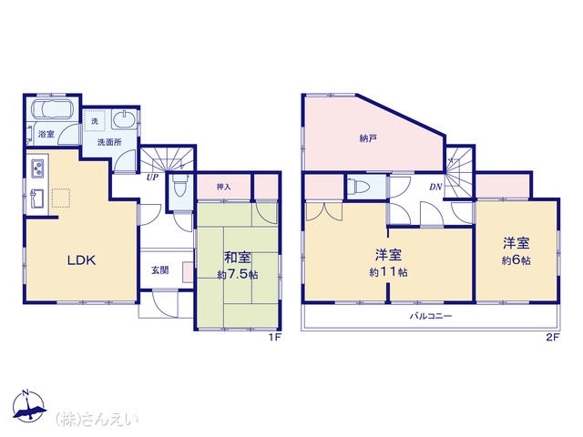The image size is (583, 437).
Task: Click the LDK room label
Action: pos(81,260)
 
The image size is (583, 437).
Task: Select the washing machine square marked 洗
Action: pos(95,121)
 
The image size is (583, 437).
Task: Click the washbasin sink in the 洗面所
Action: pos(124,119)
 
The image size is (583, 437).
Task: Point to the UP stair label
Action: pos(152,178)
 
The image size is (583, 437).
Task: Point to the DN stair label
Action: pos(435,187)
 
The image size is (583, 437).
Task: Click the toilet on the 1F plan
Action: pos(180,186)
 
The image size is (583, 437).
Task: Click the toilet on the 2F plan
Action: pos(358,186)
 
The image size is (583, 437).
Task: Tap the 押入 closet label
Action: pos(224,187)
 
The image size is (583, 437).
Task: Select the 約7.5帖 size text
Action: pos(238,275)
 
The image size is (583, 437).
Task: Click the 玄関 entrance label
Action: pos(160,270)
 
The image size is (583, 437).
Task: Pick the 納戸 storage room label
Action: pos(368,139)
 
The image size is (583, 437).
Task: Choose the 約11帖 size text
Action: pos(388,272)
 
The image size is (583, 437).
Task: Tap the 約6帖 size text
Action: pos(517,260)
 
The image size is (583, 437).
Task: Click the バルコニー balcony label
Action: pos(431,316)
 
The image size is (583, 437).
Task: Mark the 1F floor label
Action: pos(275,338)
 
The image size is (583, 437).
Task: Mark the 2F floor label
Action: pos(553,338)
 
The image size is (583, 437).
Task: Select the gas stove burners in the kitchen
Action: pos(37,168)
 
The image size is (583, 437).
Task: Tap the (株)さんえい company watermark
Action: pos(97,420)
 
